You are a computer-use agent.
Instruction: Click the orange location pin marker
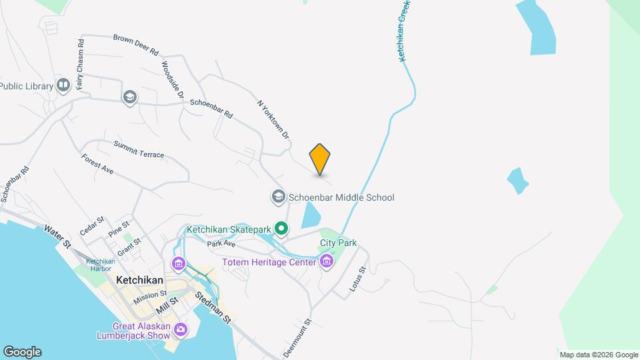[320, 159]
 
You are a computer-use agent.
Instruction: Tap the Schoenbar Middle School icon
[278, 197]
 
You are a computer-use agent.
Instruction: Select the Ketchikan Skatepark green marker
[281, 229]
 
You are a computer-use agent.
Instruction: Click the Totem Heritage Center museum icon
[326, 261]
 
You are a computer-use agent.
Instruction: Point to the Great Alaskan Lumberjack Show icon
[180, 329]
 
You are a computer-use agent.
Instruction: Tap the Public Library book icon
[63, 85]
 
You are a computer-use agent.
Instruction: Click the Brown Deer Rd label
[135, 45]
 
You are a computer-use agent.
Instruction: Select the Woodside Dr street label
[172, 81]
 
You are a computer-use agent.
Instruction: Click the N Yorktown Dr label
[274, 120]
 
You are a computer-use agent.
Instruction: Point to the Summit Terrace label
[139, 149]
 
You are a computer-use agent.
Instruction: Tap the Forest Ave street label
[97, 164]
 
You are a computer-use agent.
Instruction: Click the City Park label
[339, 243]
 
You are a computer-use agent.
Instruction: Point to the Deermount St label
[298, 338]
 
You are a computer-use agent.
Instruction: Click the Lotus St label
[358, 280]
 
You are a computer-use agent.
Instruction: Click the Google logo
[22, 351]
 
